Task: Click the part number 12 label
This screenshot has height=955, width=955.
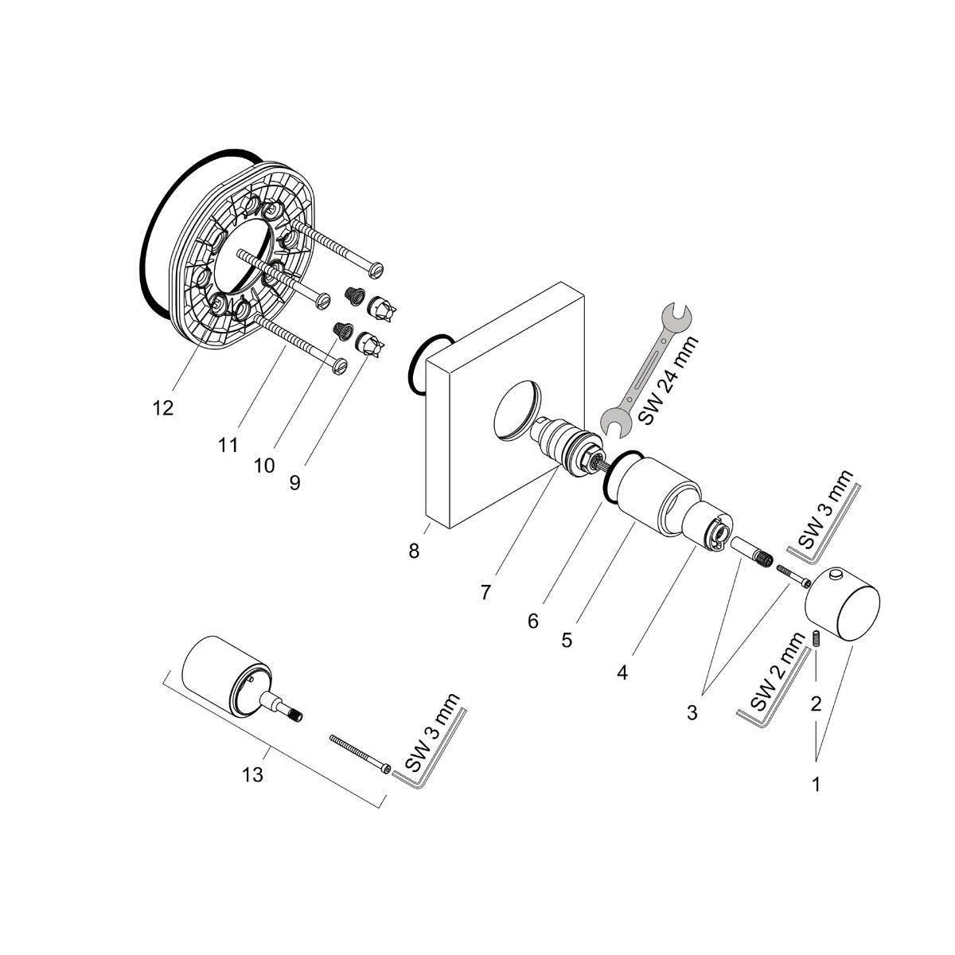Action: coord(162,407)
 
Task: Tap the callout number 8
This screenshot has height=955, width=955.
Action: coord(414,551)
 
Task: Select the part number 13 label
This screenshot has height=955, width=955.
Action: coord(253,774)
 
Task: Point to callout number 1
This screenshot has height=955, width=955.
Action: coord(815,784)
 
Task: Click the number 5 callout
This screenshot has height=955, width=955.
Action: coord(567,640)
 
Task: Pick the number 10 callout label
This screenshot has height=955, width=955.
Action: coord(264,465)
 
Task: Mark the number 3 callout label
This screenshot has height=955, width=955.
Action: coord(692,712)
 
